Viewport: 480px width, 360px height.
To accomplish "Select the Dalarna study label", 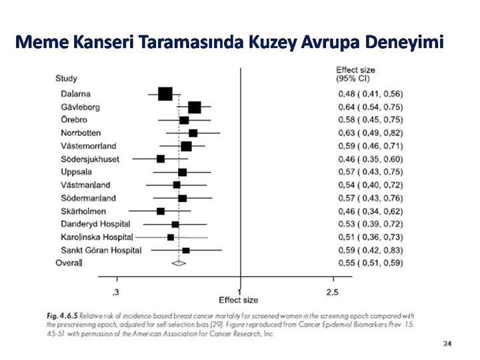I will click(x=75, y=94).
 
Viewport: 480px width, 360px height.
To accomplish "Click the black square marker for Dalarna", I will click(x=165, y=94).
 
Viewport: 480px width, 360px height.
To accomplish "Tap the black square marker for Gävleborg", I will click(x=195, y=107).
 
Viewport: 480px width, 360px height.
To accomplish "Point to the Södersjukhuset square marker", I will click(x=161, y=159).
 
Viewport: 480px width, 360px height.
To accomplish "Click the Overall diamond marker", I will click(x=179, y=263).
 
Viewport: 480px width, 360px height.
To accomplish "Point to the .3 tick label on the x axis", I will click(x=117, y=293).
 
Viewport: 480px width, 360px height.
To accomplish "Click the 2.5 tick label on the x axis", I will click(x=331, y=293).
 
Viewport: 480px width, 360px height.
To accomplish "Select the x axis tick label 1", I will click(x=239, y=293).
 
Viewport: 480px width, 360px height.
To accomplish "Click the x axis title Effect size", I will click(x=239, y=300).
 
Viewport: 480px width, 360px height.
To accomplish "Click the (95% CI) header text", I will click(x=353, y=79).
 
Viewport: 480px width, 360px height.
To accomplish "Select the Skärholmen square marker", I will click(x=161, y=211).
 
